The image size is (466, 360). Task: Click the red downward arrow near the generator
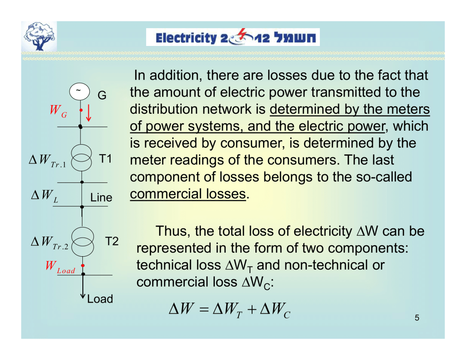[89, 112]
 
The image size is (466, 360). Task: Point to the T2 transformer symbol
[82, 241]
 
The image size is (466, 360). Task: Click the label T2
[111, 241]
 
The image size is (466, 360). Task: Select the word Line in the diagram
[101, 198]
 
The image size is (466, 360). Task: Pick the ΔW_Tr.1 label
[47, 161]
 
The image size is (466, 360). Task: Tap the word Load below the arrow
[100, 299]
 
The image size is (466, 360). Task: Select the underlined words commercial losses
[188, 194]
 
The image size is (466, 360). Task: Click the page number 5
[416, 318]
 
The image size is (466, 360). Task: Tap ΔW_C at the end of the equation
[274, 310]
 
